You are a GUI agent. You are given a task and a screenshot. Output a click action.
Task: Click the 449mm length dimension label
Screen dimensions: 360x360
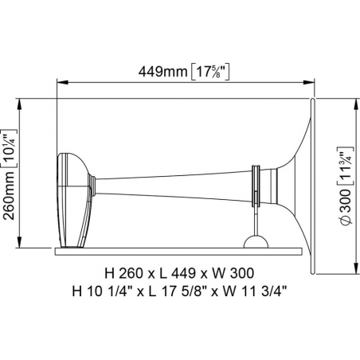coord(163,72)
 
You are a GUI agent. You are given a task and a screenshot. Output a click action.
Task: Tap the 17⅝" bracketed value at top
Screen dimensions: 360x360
coord(209,72)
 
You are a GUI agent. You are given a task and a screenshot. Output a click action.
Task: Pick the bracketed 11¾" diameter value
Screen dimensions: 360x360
coord(346,166)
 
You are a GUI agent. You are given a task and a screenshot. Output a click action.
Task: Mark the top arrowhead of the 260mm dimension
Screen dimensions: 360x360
coord(19,104)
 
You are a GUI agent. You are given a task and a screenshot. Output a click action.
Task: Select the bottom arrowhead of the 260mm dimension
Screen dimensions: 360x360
coord(19,242)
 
